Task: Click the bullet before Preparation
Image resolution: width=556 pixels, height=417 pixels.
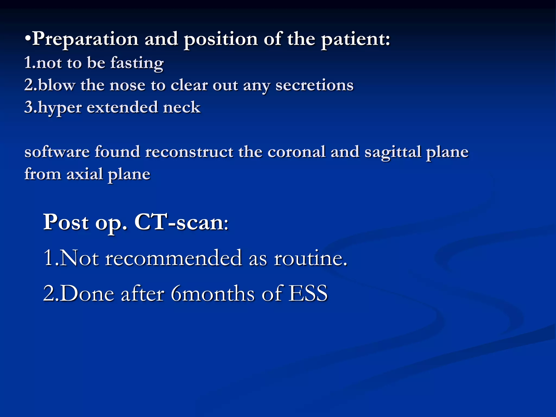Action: [28, 39]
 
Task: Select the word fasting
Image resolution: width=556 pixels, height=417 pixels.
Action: [137, 63]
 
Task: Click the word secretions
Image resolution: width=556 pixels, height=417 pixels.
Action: [314, 85]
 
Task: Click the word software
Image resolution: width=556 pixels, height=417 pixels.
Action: [57, 152]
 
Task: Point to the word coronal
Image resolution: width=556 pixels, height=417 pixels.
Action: [296, 152]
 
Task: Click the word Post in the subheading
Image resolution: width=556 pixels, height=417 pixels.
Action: [66, 222]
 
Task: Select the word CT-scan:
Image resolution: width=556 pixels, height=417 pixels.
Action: [181, 222]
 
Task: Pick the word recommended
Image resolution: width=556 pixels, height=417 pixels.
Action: [173, 258]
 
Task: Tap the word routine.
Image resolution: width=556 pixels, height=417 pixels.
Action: [310, 258]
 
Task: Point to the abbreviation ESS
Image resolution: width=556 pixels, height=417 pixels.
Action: [308, 293]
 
